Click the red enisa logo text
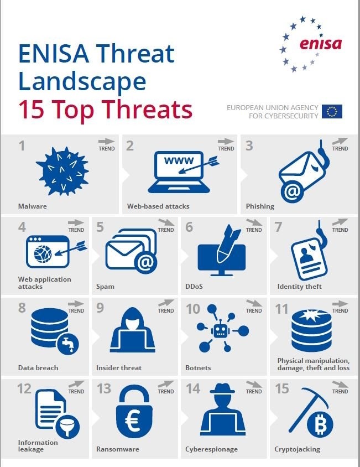click(x=321, y=44)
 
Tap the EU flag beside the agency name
click(x=332, y=111)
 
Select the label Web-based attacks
click(x=158, y=206)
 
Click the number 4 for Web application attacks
click(x=22, y=227)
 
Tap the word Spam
click(x=105, y=287)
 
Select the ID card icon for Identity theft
click(x=306, y=260)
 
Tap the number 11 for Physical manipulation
click(x=282, y=308)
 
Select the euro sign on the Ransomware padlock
click(x=133, y=422)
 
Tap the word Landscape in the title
click(x=82, y=81)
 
